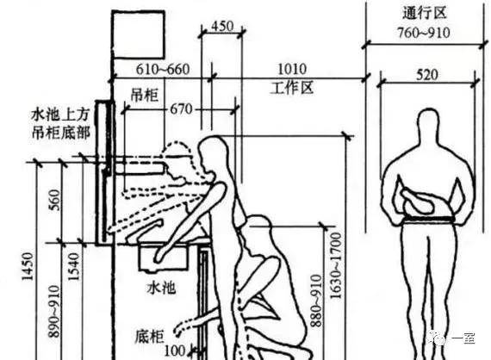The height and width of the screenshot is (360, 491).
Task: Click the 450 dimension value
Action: (x=222, y=27)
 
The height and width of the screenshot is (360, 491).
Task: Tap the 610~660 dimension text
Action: (x=163, y=69)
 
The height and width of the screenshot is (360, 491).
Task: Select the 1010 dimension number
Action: (x=292, y=69)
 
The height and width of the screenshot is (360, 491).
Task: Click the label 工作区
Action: (x=292, y=88)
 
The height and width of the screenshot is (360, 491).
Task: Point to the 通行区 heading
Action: (x=424, y=14)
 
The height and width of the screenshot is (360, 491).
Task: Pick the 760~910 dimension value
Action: (x=424, y=33)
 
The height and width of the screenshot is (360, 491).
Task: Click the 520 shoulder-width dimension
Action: (x=427, y=75)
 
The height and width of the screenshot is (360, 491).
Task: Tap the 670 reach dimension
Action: (x=181, y=109)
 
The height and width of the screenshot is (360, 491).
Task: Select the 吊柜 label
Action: (x=145, y=95)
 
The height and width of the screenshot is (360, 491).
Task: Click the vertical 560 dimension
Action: (x=54, y=200)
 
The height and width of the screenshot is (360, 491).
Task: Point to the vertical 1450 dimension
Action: (x=28, y=266)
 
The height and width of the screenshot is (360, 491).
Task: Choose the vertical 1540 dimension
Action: (x=73, y=266)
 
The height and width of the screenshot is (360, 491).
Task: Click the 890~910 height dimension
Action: (x=53, y=311)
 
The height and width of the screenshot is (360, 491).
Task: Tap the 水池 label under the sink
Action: (x=162, y=287)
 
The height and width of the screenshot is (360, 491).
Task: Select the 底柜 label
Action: (x=150, y=337)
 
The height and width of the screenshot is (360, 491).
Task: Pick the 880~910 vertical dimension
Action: (x=316, y=301)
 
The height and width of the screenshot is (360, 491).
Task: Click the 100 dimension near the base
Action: (x=175, y=351)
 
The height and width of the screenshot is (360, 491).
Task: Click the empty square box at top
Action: (x=139, y=34)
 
